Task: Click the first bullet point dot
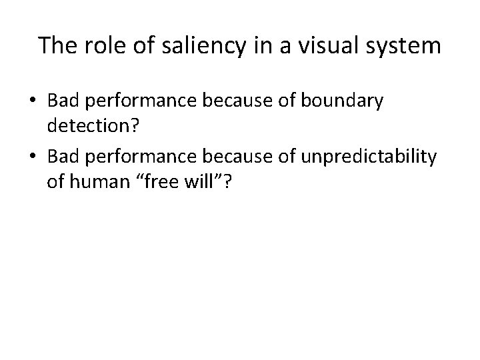(x=33, y=101)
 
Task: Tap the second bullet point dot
(x=33, y=157)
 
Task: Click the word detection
(x=87, y=125)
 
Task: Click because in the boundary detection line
(x=223, y=101)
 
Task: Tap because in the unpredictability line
(x=223, y=157)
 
